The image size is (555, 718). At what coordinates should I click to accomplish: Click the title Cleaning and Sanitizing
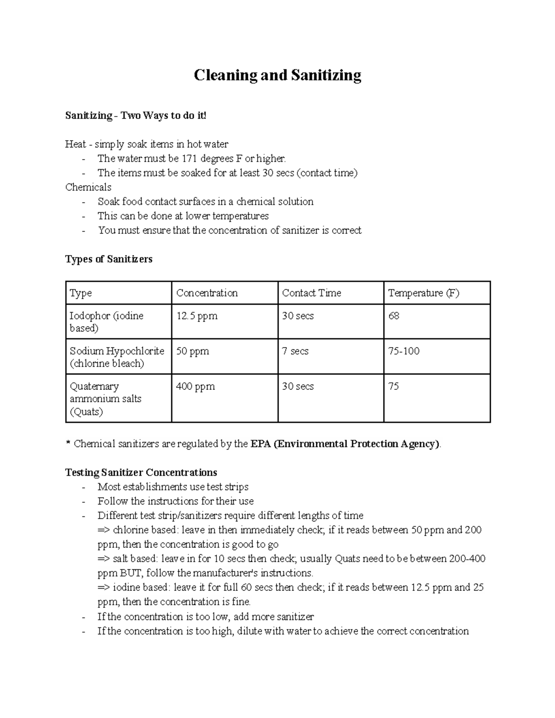pos(277,75)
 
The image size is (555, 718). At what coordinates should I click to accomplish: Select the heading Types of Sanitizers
pos(109,259)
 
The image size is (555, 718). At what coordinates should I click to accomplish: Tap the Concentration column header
pos(207,293)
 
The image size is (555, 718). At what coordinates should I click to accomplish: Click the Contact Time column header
pos(311,293)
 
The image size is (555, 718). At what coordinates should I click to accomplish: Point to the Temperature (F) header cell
pos(423,293)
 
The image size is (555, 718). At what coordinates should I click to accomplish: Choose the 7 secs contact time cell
pos(295,351)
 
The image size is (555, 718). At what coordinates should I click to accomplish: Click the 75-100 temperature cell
pos(404,351)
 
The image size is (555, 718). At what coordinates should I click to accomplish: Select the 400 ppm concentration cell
pos(195,387)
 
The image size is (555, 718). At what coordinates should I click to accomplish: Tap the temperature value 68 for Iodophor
pos(394,316)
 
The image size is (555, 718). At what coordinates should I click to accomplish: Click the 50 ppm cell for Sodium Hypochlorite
pos(192,351)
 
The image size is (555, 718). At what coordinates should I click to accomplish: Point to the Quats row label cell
pos(105,399)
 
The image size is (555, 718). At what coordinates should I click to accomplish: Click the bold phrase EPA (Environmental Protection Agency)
pos(345,444)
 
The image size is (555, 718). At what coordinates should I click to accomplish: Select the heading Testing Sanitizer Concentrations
pos(141,473)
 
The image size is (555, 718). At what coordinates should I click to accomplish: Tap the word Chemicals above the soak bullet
pos(88,187)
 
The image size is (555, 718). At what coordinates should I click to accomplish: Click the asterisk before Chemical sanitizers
pos(68,443)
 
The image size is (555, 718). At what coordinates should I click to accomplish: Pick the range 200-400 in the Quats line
pos(467,558)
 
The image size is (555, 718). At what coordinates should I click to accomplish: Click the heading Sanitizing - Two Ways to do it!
pos(136,116)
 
